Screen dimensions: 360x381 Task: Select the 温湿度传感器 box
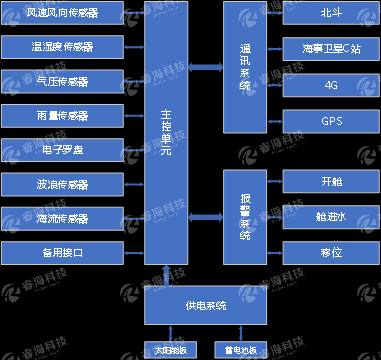[61, 47]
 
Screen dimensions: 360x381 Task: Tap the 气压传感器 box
[61, 80]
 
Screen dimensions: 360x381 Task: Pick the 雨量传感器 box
[61, 115]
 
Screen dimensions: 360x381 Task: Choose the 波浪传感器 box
[61, 184]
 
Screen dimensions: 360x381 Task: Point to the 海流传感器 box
[61, 218]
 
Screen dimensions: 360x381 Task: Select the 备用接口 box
[61, 252]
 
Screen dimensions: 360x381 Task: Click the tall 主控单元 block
[165, 135]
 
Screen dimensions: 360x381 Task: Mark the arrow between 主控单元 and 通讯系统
[206, 67]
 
